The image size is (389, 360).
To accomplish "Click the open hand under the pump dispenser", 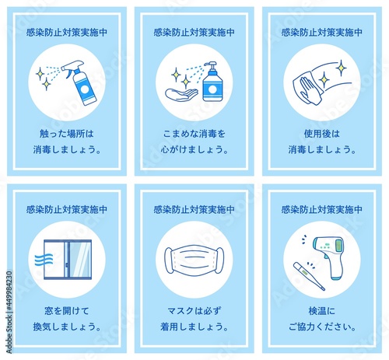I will pyautogui.click(x=180, y=95).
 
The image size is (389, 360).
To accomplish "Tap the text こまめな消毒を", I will pyautogui.click(x=194, y=133).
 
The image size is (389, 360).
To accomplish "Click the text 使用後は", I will pyautogui.click(x=321, y=133).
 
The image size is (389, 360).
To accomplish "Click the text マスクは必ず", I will pyautogui.click(x=194, y=310).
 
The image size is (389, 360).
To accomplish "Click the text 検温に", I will pyautogui.click(x=321, y=310).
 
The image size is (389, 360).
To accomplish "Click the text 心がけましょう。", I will pyautogui.click(x=194, y=149).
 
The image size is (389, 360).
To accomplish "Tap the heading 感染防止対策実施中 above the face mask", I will pyautogui.click(x=194, y=209).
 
